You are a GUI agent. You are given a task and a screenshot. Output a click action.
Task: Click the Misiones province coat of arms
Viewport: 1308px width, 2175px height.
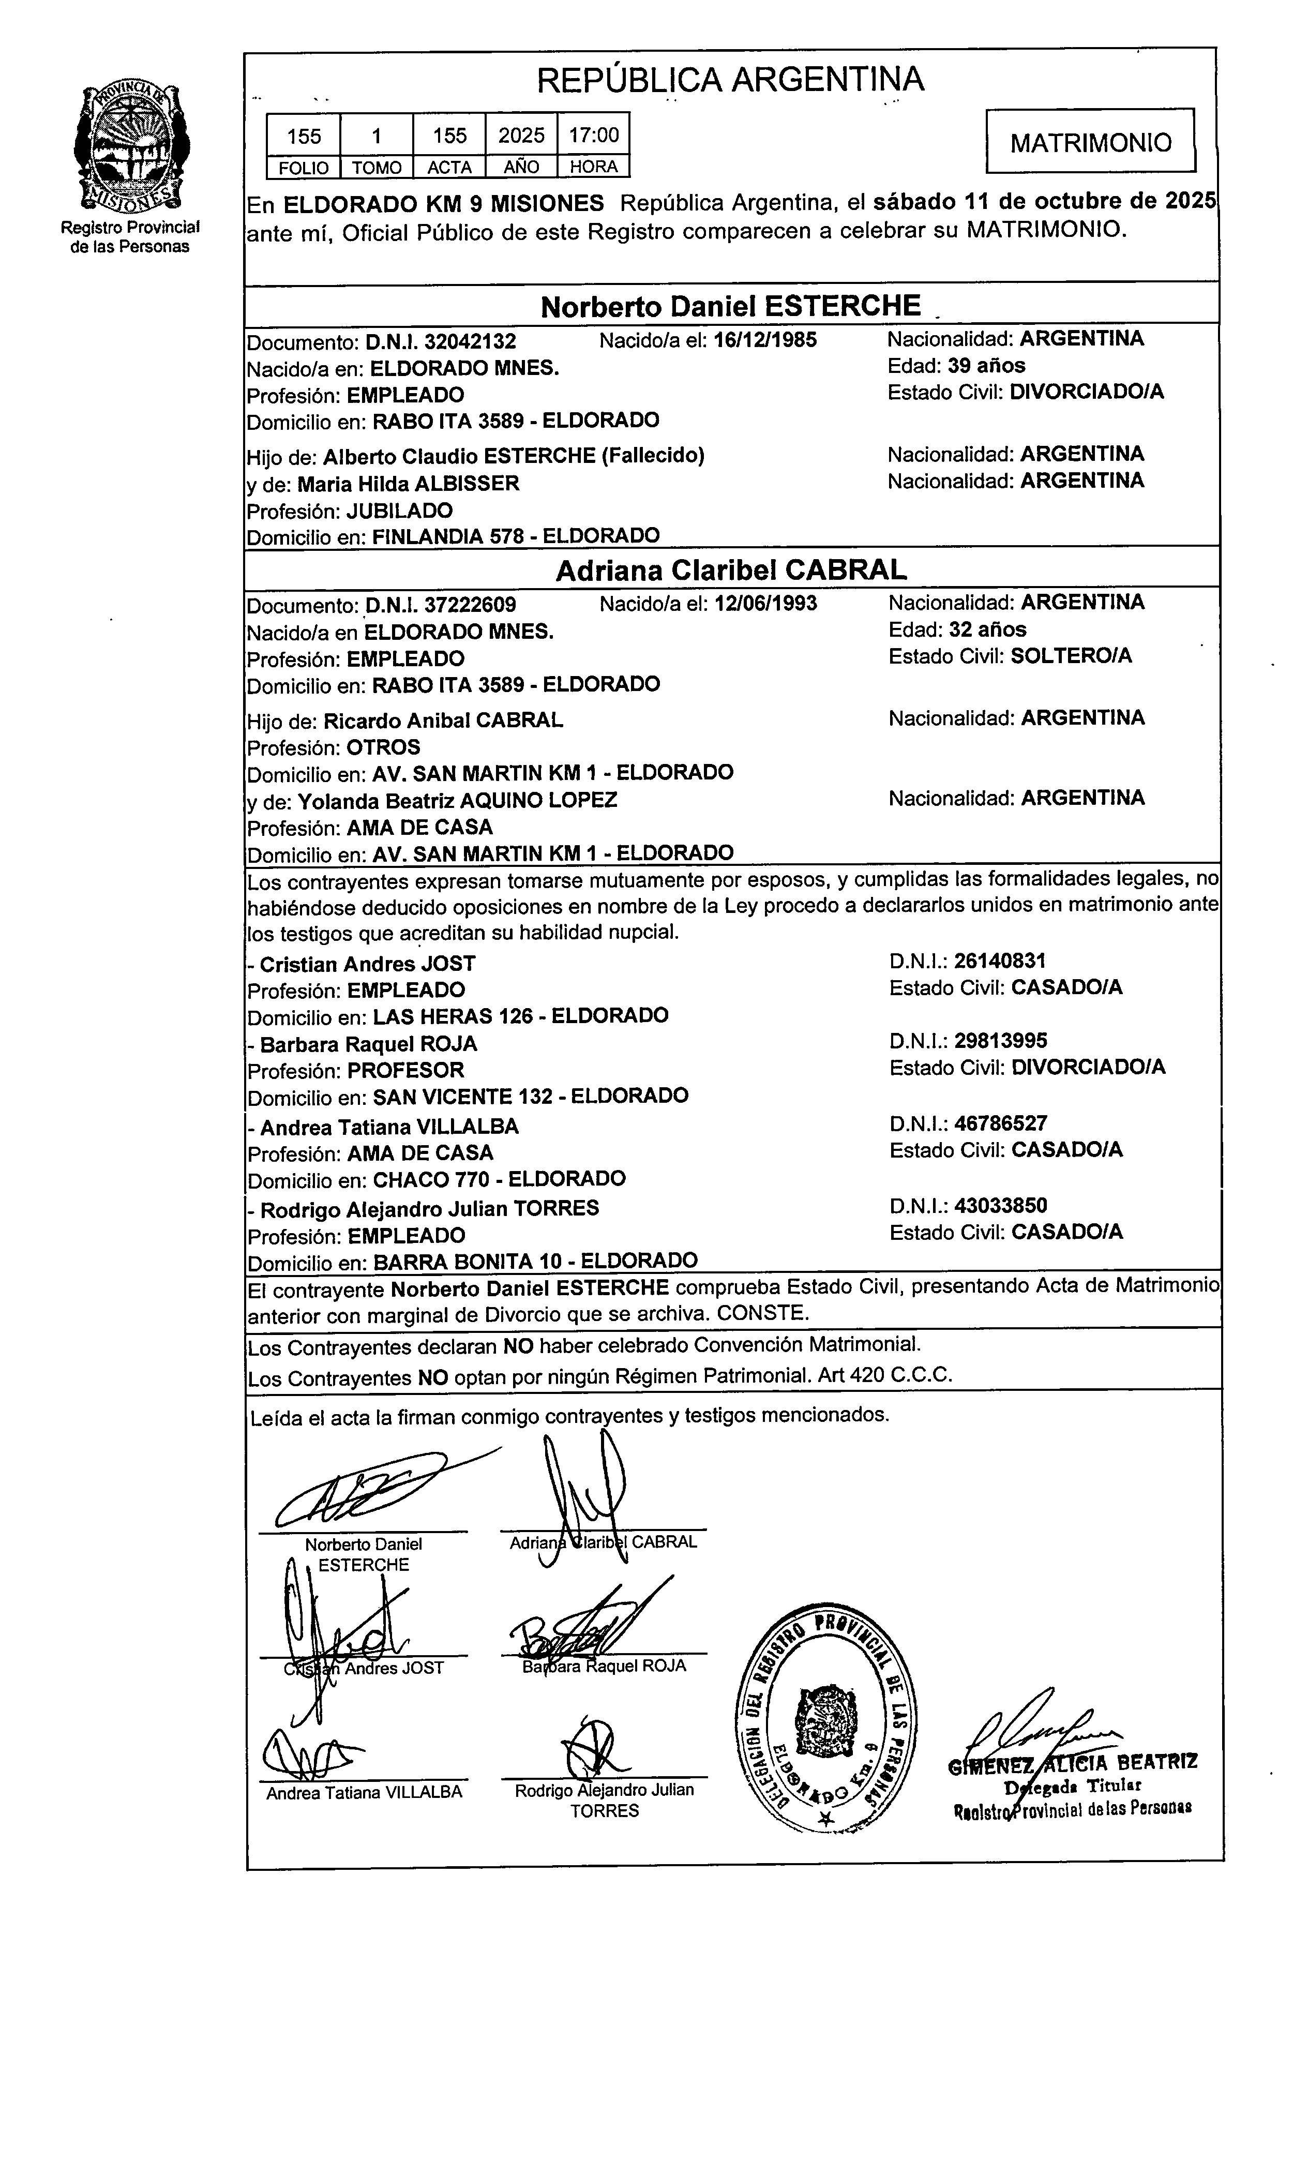coord(130,147)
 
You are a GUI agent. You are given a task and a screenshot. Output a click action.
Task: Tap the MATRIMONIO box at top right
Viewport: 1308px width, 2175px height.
coord(1090,142)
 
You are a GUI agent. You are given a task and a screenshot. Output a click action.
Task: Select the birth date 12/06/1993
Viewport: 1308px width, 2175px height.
coord(764,604)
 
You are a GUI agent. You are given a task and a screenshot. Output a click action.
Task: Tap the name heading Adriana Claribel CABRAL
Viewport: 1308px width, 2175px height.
coord(731,570)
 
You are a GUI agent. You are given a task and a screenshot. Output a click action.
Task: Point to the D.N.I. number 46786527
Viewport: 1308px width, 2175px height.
coord(1000,1123)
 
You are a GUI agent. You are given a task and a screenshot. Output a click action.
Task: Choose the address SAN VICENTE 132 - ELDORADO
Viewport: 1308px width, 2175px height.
coord(531,1097)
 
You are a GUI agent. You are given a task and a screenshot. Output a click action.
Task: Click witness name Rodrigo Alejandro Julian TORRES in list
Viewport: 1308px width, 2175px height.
coord(429,1208)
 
